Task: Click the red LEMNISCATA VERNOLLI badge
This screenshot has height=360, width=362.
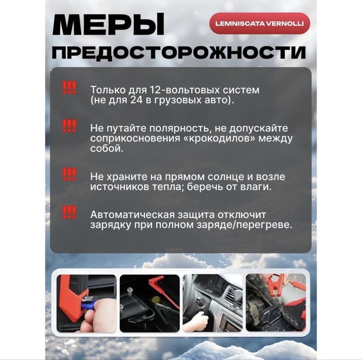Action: coord(259,23)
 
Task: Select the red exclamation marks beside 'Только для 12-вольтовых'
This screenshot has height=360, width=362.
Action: coord(69,88)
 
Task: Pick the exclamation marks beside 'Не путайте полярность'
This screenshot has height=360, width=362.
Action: coord(69,125)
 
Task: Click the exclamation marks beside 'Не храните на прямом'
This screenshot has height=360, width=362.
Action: coord(69,174)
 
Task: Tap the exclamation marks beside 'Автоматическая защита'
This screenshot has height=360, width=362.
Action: coord(69,212)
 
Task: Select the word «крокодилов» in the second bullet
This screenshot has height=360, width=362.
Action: coord(219,139)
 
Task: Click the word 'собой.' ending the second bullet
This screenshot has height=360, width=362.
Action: coord(107,149)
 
